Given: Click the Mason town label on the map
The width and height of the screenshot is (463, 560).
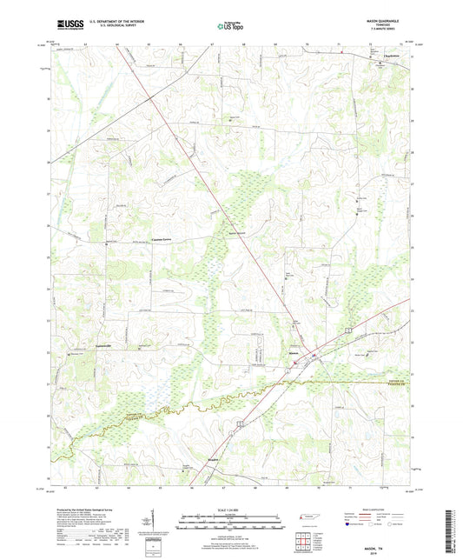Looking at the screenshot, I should click(x=293, y=354).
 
